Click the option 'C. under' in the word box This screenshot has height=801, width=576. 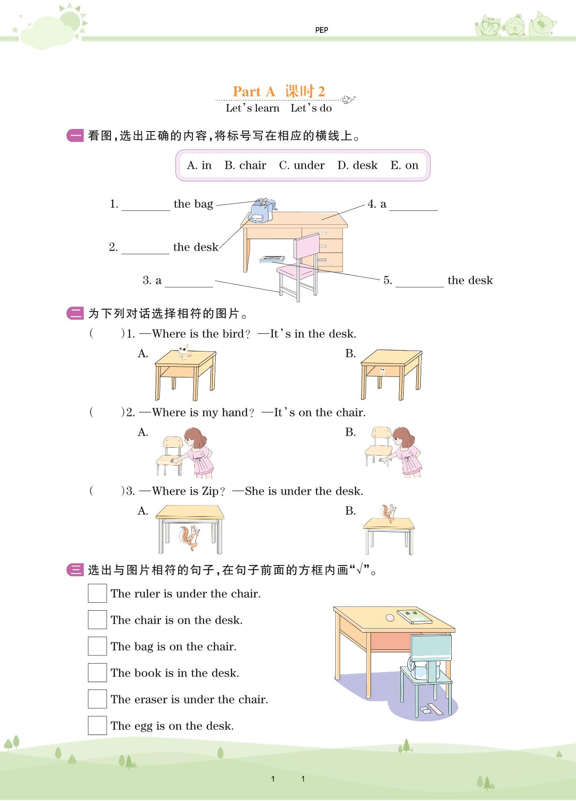[x=302, y=165]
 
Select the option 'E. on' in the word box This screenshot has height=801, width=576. [x=404, y=165]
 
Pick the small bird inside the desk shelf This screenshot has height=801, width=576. [x=383, y=371]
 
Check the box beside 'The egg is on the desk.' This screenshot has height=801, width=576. [x=97, y=725]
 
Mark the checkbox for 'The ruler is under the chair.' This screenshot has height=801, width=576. [x=97, y=593]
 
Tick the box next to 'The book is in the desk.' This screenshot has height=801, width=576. [x=97, y=672]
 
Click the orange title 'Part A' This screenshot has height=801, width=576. [x=254, y=91]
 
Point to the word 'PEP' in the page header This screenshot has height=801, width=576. [x=321, y=30]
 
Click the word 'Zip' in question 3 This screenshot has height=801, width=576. [x=210, y=491]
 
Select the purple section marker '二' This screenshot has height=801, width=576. [x=75, y=313]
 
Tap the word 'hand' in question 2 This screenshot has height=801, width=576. [x=235, y=412]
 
